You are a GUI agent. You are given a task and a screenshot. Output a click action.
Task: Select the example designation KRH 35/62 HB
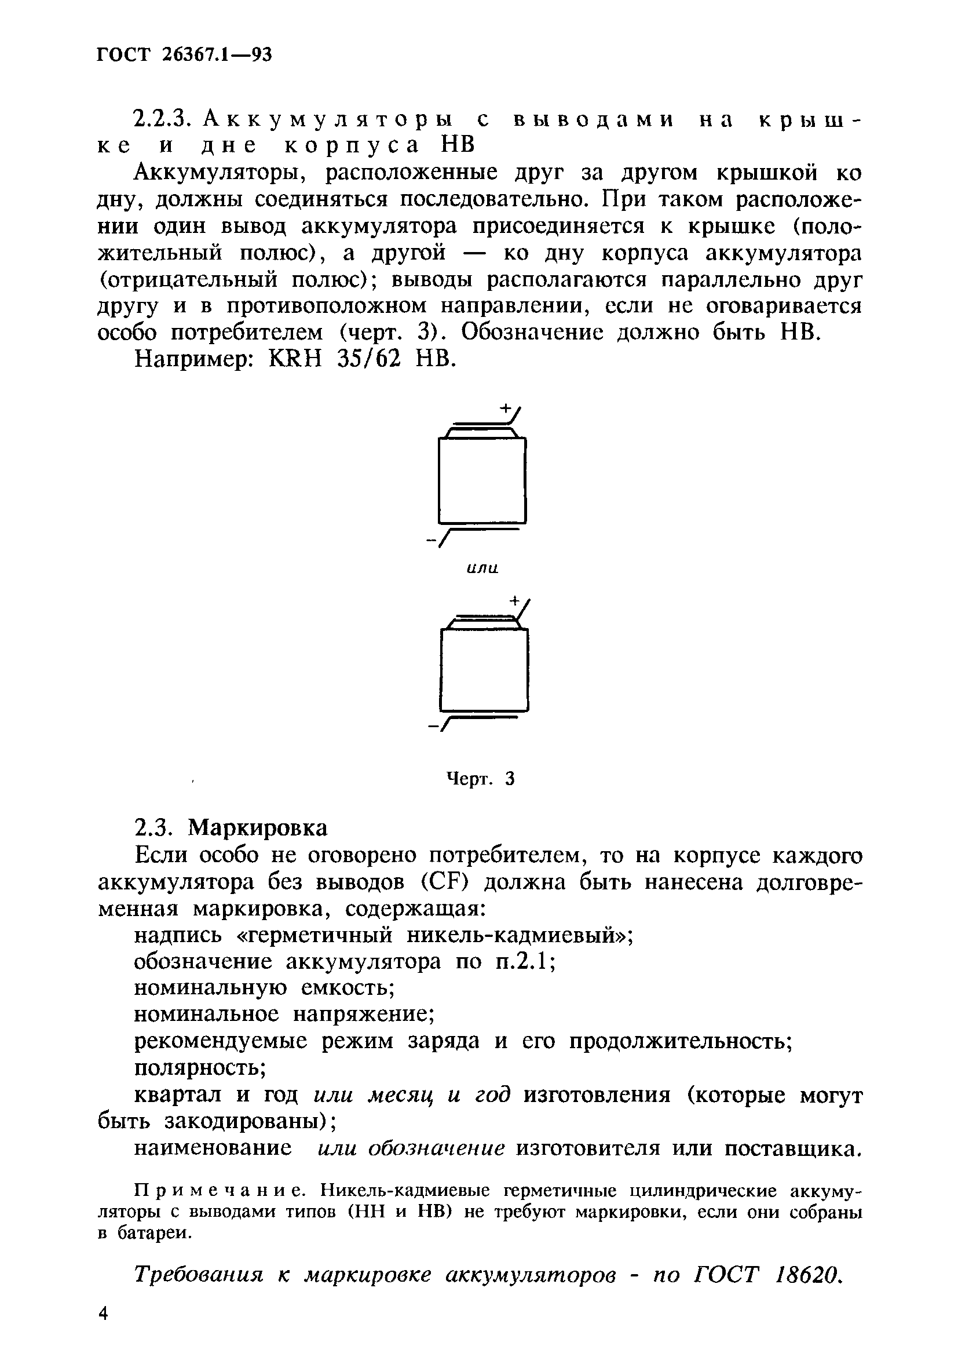362,358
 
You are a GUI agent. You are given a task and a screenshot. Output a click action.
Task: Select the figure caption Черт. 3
480,779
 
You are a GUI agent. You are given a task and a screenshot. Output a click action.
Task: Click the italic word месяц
400,1095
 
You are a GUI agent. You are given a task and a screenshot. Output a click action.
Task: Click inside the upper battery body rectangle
481,480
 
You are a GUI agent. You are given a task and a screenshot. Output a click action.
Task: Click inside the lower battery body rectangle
484,670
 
